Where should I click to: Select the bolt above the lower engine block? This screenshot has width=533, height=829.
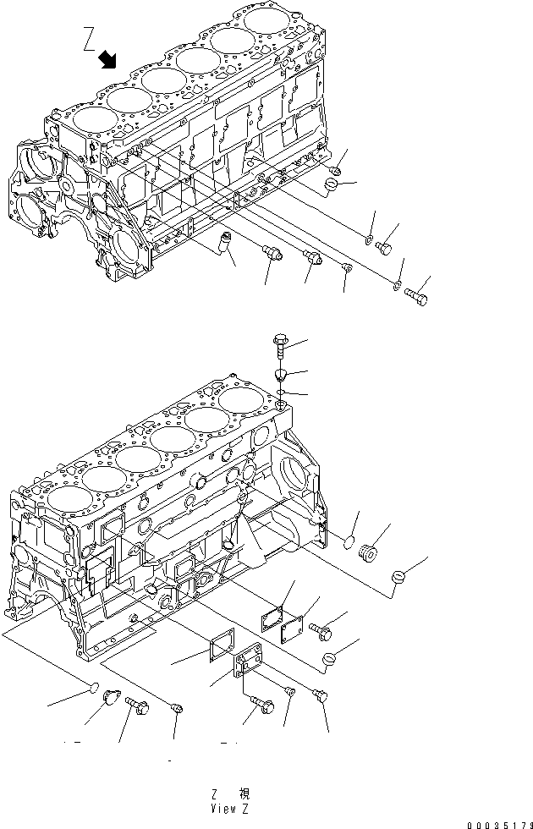281,343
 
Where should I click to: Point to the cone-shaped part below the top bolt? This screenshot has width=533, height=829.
281,375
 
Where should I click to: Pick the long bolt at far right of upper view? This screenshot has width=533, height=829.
415,296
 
